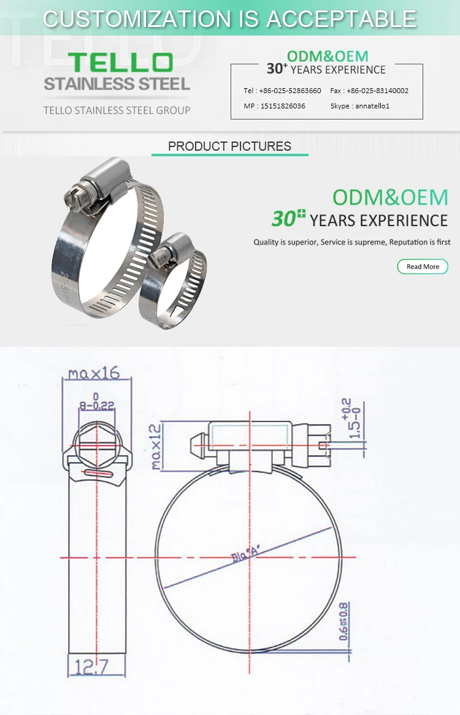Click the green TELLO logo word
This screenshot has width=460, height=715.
point(120,62)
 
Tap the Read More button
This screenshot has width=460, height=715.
point(423,267)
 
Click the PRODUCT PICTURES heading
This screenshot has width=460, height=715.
point(229,146)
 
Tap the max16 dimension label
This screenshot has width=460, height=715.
point(93,373)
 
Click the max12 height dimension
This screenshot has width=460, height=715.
point(157,447)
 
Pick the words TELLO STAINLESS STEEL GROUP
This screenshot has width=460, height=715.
point(117,110)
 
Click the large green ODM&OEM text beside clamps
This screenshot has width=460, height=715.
point(390,197)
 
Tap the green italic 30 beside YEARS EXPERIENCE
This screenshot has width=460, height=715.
point(284,219)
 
